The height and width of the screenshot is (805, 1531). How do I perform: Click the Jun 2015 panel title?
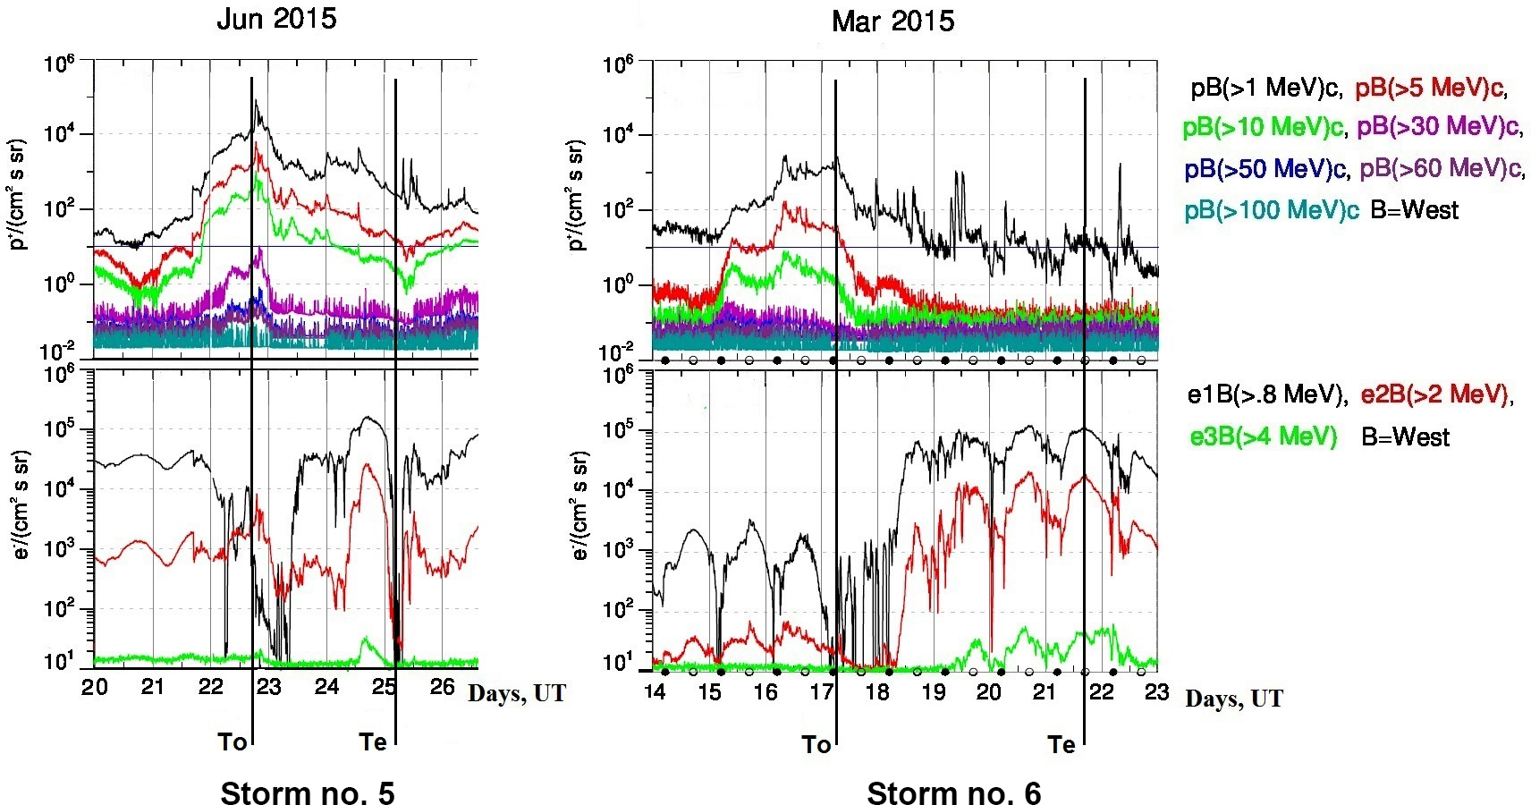pos(276,20)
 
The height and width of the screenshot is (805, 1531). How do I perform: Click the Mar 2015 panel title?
pos(892,21)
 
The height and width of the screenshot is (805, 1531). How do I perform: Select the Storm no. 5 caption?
pos(307,792)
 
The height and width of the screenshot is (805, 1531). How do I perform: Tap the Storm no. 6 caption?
pos(953,792)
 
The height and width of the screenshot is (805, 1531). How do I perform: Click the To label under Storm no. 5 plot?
pos(233,741)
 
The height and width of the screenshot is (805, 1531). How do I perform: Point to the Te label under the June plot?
pos(373,741)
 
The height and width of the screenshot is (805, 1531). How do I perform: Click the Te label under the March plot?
pos(1062,744)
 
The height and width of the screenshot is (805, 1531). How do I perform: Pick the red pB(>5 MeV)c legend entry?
pos(1431,89)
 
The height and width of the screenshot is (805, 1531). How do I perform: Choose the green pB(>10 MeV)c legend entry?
pos(1262,128)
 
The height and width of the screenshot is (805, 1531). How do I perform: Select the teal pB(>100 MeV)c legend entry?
pos(1272,210)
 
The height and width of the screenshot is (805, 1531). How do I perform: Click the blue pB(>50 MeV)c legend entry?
pos(1265,169)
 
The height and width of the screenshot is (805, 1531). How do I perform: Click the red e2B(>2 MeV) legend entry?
pos(1436,394)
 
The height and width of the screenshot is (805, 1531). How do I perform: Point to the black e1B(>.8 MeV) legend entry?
pos(1266,394)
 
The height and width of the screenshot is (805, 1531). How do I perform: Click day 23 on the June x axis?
pos(268,687)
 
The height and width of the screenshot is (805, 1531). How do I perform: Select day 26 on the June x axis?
pos(443,687)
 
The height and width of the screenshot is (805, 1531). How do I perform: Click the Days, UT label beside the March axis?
pos(1234,699)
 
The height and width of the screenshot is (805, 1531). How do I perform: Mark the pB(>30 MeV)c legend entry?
pos(1439,128)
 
